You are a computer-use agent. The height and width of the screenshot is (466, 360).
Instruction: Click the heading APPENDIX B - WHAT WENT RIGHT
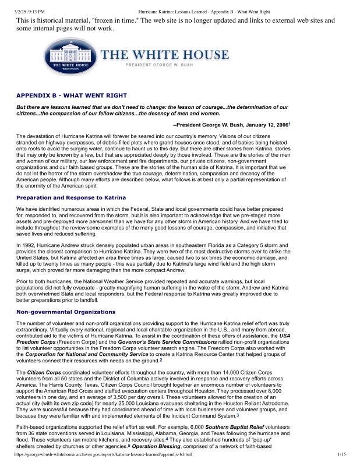71,95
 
